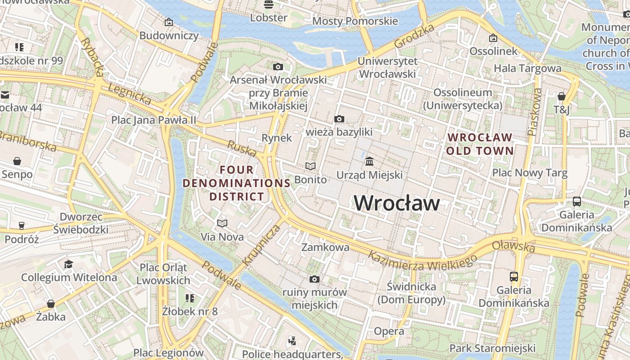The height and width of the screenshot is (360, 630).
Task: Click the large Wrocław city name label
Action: point(396,203)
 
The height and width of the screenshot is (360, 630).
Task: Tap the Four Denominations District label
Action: point(237,183)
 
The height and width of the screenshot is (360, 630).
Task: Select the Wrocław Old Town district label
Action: point(480,144)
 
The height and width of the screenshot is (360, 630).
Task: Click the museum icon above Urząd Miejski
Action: point(369,161)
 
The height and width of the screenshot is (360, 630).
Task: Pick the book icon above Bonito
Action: point(310,166)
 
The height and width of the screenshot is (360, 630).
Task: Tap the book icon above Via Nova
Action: point(222,223)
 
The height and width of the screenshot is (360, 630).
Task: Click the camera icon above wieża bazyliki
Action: point(339,119)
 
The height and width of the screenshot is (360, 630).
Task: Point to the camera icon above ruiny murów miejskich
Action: point(315,279)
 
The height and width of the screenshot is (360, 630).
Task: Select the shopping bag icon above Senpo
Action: point(17,161)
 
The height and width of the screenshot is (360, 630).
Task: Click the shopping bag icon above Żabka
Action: point(51,303)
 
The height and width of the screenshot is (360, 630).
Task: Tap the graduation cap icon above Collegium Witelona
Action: point(68,264)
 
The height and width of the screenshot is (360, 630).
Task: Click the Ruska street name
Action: point(242,148)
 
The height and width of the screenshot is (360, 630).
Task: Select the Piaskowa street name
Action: point(535,112)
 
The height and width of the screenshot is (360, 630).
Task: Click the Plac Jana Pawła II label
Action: point(153,120)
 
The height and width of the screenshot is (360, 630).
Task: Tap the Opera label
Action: point(389,331)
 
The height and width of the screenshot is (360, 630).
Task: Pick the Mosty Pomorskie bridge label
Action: point(355,21)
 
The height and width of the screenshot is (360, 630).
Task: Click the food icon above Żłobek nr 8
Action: point(190,298)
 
